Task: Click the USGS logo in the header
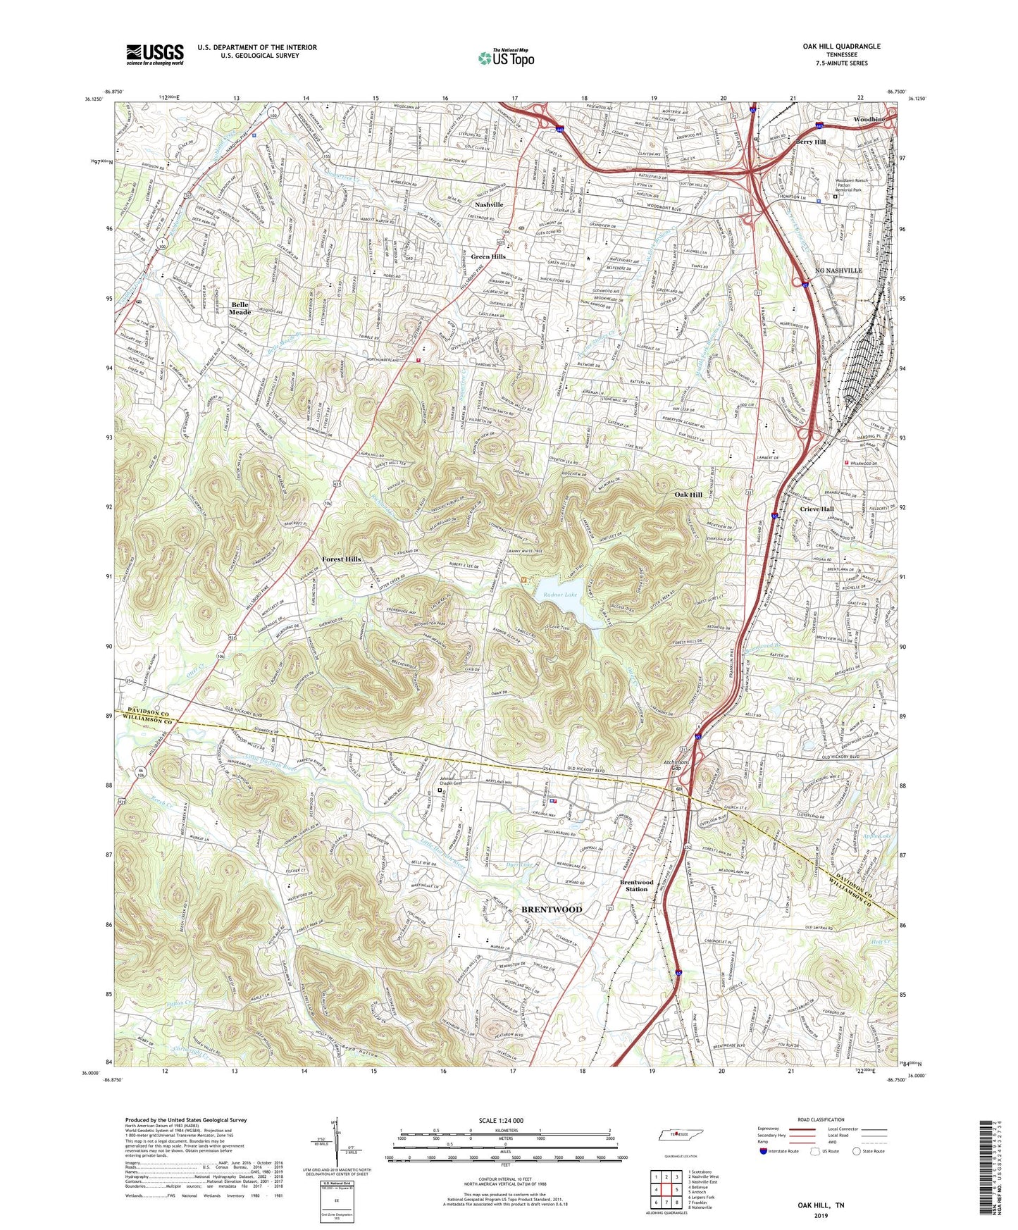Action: point(155,54)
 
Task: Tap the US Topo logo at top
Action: point(505,58)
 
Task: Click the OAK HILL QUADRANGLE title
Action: point(841,46)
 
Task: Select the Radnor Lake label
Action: point(560,595)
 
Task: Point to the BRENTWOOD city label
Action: point(552,909)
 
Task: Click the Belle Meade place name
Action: point(240,309)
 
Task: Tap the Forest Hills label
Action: point(342,559)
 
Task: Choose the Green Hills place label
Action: point(488,257)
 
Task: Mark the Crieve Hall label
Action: point(817,509)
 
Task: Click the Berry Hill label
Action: point(810,142)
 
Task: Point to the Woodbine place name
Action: point(869,120)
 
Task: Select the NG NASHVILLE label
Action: point(838,271)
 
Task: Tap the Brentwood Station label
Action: point(636,886)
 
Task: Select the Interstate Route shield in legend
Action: point(764,1152)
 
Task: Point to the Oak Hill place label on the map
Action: point(688,495)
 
